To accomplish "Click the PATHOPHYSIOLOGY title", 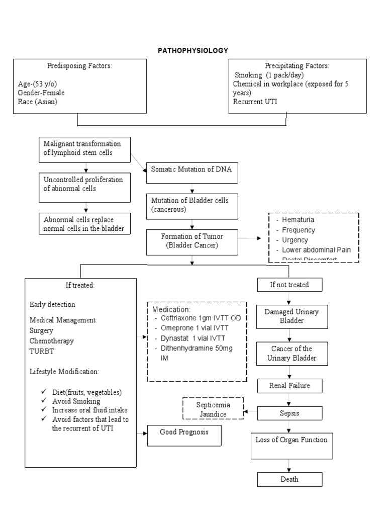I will coord(193,50).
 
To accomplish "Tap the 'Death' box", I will coord(289,479).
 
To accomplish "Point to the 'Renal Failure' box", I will coord(289,386).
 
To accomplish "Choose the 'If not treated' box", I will coord(289,285).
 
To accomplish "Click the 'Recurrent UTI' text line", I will coord(255,102).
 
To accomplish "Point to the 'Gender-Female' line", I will coord(41,93).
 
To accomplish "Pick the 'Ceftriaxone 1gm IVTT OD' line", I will coord(198,318).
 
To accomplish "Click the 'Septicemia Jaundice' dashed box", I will coord(213,408).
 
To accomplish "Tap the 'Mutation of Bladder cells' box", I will coord(192,205).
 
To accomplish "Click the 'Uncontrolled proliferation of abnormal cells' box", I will coord(84,184).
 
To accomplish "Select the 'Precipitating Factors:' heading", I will coord(290,66).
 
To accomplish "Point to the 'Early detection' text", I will coord(53,304).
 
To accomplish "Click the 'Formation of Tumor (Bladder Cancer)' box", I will coord(192,241).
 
